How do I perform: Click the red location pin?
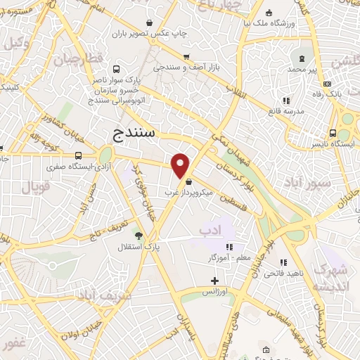[x=181, y=165]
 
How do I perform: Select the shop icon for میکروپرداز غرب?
[x=188, y=182]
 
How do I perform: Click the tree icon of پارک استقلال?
[x=138, y=236]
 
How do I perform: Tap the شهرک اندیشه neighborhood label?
[x=330, y=278]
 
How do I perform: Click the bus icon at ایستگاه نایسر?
[x=343, y=134]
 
